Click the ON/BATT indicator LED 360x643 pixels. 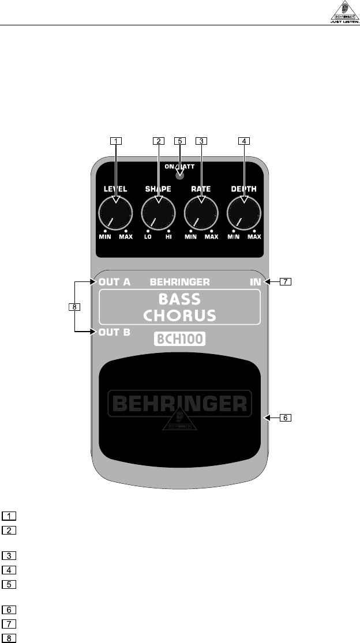(180, 174)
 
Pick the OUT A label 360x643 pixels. (114, 282)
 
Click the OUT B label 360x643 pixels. (114, 332)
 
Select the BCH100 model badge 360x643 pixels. (180, 339)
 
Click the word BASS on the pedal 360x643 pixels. (180, 299)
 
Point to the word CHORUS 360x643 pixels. (180, 315)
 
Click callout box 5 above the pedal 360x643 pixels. (180, 140)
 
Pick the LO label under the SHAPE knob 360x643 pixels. (148, 237)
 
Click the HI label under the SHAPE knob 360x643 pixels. (168, 237)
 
